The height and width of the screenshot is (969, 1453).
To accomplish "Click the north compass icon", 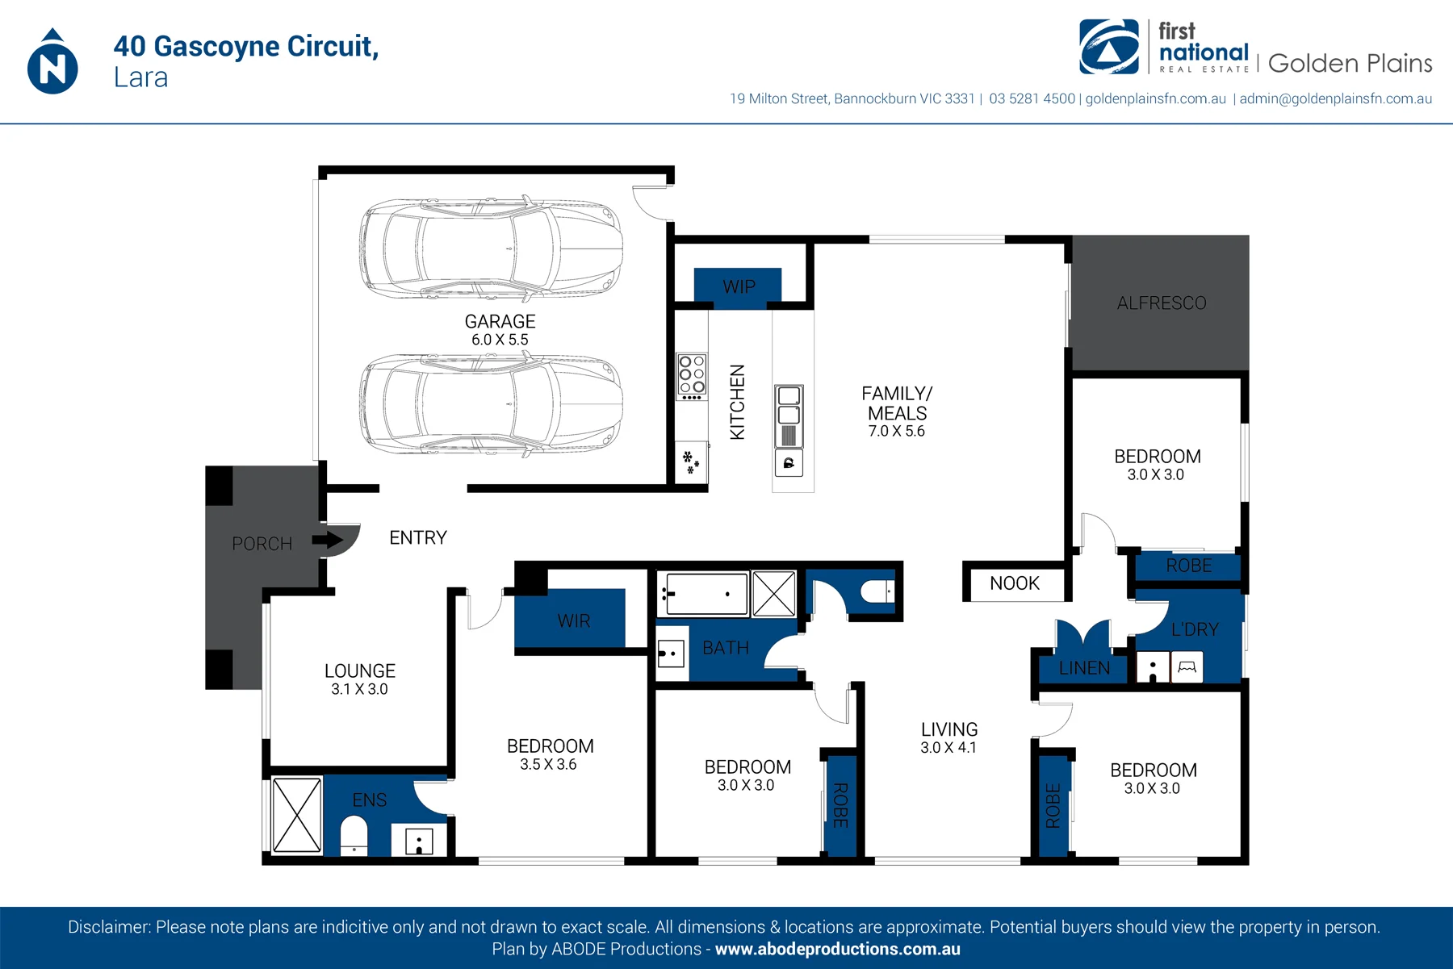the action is [x=52, y=62].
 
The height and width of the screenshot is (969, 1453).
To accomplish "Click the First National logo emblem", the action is [x=1109, y=47].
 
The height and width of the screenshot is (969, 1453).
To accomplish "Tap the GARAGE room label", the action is [x=500, y=321].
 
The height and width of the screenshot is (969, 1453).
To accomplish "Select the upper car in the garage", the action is [x=491, y=247].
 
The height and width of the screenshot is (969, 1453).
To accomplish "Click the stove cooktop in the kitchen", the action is [x=692, y=377].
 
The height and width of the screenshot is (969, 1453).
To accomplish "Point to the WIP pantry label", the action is [x=739, y=286].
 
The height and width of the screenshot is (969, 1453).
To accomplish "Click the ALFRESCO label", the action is [x=1162, y=303].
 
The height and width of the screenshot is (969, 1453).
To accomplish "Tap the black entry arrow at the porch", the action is [x=328, y=539].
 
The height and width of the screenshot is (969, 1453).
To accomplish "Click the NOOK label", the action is [x=1015, y=583].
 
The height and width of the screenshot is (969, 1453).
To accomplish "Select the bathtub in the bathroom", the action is [x=702, y=594].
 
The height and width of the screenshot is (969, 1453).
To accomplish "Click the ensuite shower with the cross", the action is [x=296, y=815].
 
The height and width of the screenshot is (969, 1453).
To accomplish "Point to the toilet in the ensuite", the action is [x=354, y=836].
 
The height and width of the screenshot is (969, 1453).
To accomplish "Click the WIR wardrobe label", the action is [x=573, y=621].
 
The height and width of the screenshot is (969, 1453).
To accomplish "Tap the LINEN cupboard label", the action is [x=1084, y=668].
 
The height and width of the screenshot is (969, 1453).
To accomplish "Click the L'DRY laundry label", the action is [x=1195, y=629].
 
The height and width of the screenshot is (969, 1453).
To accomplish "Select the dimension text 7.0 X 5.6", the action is [x=896, y=431].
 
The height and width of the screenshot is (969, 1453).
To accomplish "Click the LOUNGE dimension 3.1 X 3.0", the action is [x=359, y=689].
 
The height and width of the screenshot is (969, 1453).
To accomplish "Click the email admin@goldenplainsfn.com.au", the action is [x=1336, y=98].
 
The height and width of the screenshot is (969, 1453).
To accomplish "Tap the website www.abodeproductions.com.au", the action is [x=838, y=949].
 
